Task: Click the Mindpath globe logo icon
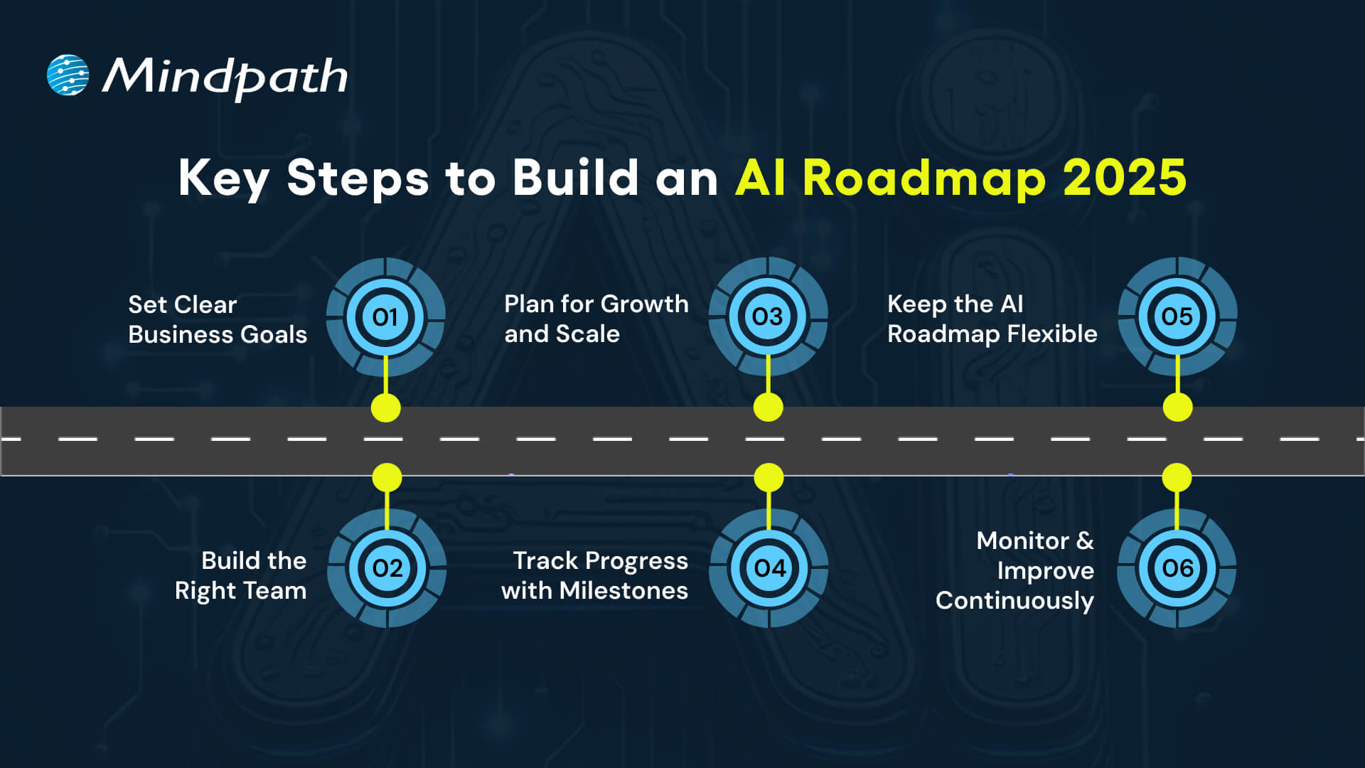68,75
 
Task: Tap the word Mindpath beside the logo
225,77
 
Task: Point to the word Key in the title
223,178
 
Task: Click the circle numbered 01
385,317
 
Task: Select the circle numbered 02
387,568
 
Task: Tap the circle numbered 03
768,316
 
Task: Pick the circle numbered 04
769,568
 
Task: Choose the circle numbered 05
1177,316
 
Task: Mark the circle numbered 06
1177,568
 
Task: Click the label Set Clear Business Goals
218,319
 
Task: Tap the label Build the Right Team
241,575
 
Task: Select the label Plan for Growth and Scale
596,319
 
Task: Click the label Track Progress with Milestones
595,575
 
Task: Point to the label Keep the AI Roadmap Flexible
992,319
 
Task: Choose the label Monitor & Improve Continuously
1015,570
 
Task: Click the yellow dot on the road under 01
386,407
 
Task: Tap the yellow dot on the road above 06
1177,478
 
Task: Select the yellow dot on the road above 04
769,478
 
